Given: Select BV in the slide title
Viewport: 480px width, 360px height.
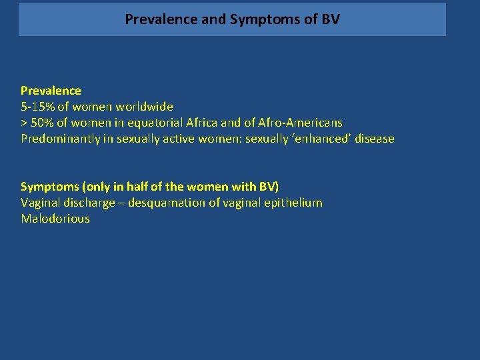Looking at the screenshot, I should (x=330, y=19).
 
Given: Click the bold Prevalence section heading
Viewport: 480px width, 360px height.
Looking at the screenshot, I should (x=51, y=91).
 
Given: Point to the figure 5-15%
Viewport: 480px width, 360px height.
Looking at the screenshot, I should (x=37, y=107).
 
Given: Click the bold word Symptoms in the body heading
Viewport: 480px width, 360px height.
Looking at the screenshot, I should (x=50, y=187).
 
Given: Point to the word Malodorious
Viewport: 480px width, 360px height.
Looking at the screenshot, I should (x=55, y=219).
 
